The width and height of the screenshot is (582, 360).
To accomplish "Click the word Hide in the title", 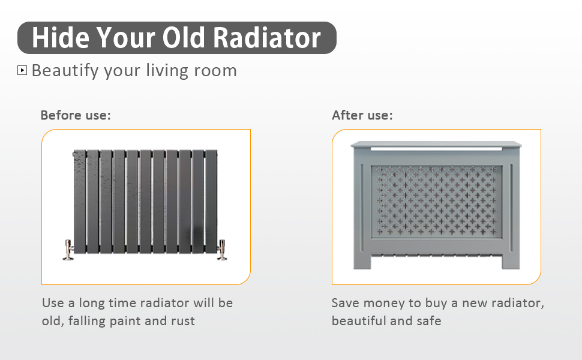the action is [x=60, y=37].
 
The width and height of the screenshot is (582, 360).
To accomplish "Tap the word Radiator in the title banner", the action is [x=267, y=37].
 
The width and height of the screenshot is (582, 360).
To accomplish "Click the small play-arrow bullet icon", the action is [x=22, y=70].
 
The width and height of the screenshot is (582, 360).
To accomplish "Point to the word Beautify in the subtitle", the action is [x=65, y=71].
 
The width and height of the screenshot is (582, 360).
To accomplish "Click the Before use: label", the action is [x=76, y=115].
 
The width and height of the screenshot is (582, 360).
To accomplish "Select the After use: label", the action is [x=362, y=115].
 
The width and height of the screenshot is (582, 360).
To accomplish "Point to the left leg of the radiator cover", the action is [x=362, y=261].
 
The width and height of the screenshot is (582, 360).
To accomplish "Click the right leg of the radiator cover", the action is [x=511, y=261].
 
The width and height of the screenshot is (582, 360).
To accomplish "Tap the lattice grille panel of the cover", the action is [x=437, y=201].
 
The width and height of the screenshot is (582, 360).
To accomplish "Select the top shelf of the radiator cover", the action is [x=436, y=145].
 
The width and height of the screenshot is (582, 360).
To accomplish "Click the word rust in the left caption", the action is [x=182, y=321].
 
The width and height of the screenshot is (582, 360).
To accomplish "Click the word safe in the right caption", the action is [x=429, y=321].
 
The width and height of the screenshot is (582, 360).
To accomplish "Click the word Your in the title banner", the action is [x=125, y=37].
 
